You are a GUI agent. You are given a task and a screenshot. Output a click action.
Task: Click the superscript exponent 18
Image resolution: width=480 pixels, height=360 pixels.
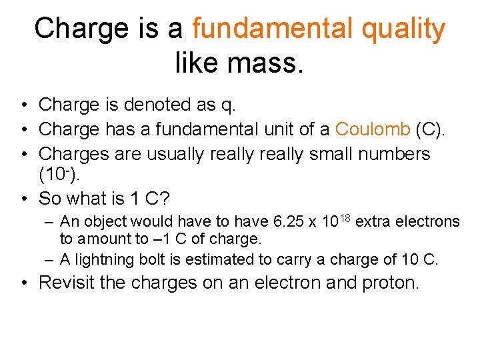(344, 217)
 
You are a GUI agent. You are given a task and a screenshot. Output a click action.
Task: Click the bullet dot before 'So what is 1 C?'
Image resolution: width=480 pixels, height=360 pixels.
(23, 199)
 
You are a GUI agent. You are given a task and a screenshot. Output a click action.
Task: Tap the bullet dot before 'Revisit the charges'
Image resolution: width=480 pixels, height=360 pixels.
(23, 283)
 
